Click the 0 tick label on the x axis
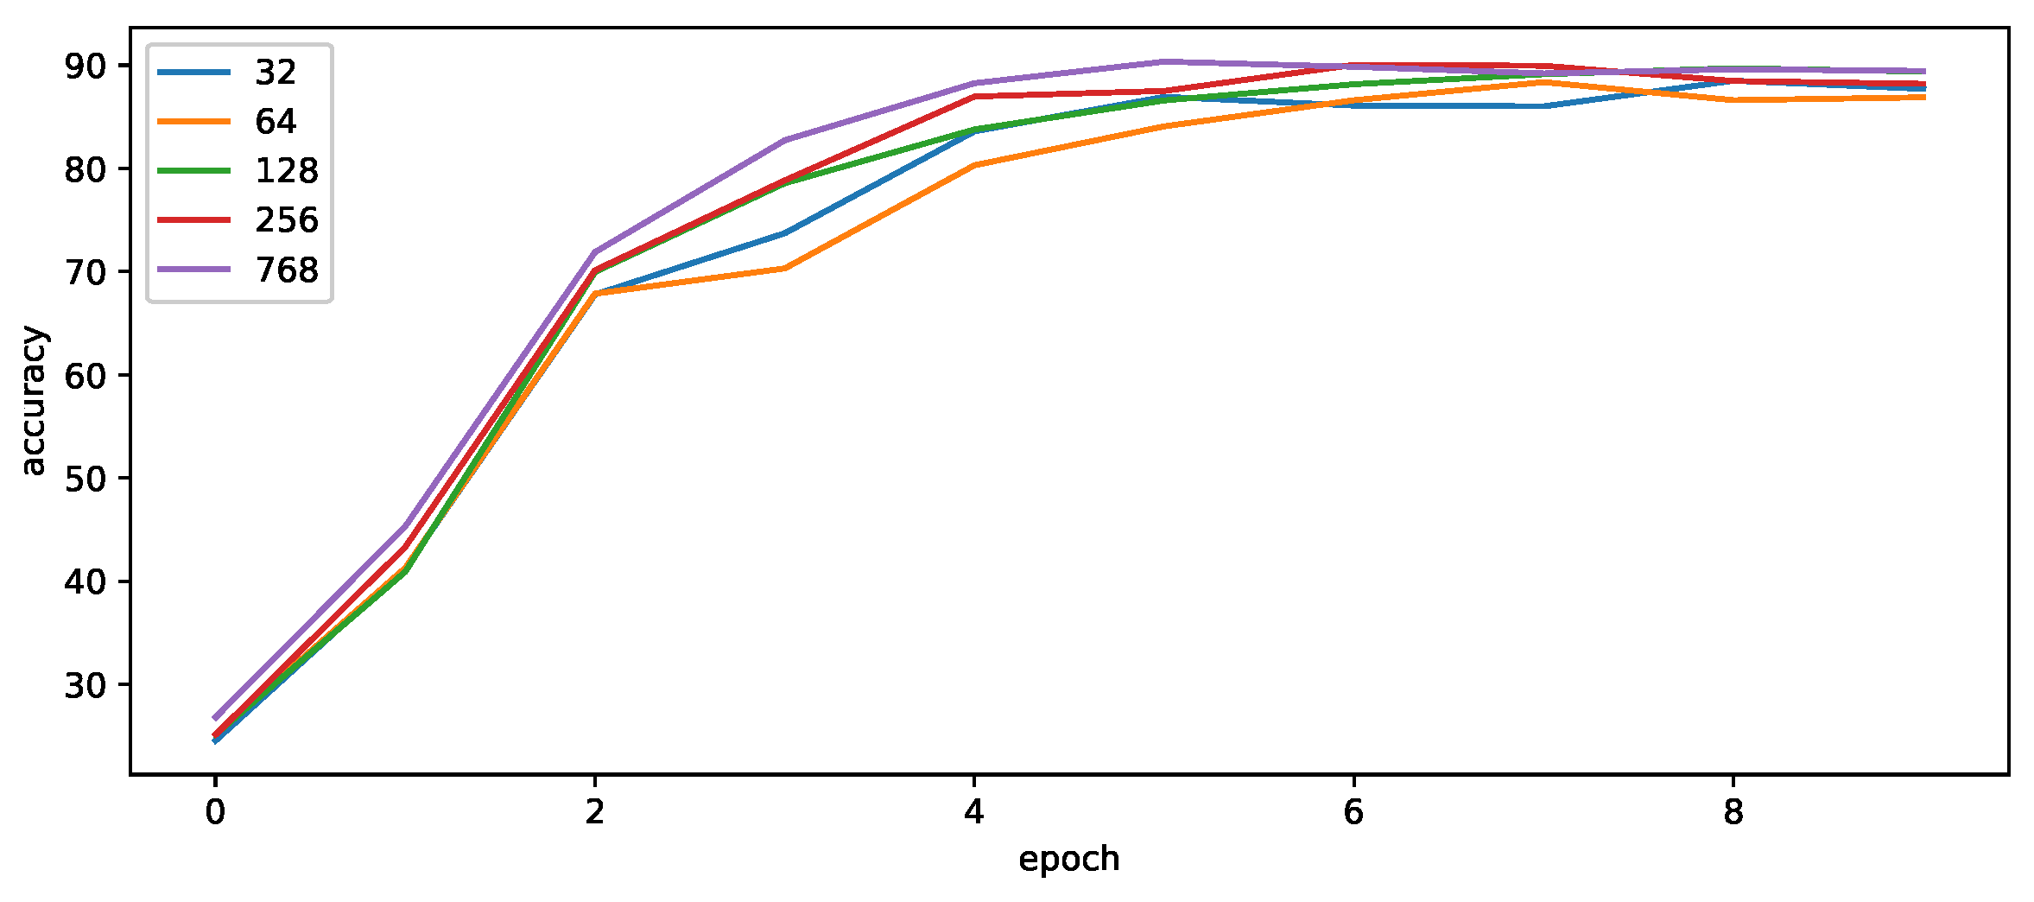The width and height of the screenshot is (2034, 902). click(215, 812)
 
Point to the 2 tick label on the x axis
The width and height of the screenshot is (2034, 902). click(594, 812)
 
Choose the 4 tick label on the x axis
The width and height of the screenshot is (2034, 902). click(974, 812)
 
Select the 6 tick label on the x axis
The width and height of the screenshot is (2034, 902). click(1353, 812)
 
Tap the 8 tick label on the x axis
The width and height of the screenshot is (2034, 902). click(1733, 812)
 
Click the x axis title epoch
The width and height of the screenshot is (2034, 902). click(1069, 860)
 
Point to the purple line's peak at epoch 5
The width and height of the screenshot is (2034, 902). click(1164, 61)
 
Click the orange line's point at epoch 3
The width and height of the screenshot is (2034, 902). click(784, 269)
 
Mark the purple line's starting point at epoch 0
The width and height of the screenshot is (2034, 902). click(215, 718)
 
